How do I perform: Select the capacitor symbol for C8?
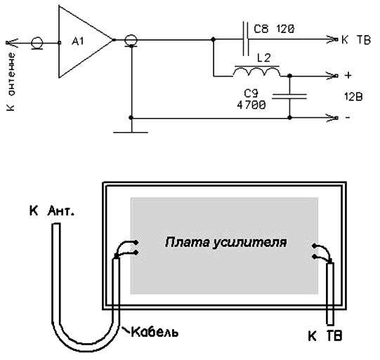(246, 39)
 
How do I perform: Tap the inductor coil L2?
(256, 72)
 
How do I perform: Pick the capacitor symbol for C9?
(289, 96)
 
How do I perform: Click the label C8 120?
(274, 29)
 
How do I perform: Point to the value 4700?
(251, 105)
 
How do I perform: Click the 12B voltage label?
(353, 97)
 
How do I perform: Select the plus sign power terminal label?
(348, 75)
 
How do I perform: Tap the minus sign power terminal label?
(348, 118)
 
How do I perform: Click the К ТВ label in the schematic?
(356, 40)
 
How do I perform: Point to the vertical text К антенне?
(11, 81)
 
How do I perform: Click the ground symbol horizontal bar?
(131, 132)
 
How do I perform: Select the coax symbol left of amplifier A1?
(37, 44)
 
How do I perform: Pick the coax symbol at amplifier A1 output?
(131, 41)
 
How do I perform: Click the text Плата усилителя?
(225, 242)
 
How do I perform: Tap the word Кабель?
(155, 332)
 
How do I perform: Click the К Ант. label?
(51, 211)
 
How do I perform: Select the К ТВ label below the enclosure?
(325, 335)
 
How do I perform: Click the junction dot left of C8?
(214, 39)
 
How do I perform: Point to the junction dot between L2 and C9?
(289, 76)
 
